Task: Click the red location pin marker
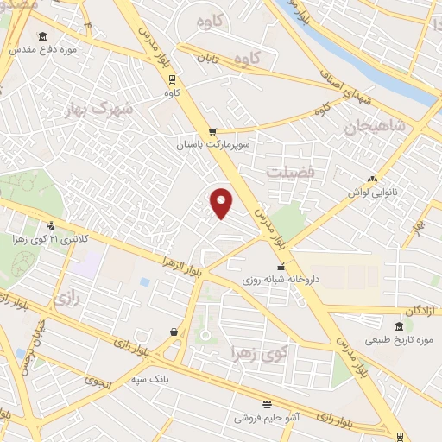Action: (222, 203)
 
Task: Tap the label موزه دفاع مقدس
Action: (44, 50)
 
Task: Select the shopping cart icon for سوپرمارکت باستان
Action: (212, 131)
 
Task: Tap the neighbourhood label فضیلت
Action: (294, 172)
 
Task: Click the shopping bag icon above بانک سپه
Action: (174, 331)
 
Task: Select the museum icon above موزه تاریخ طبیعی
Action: (398, 326)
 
